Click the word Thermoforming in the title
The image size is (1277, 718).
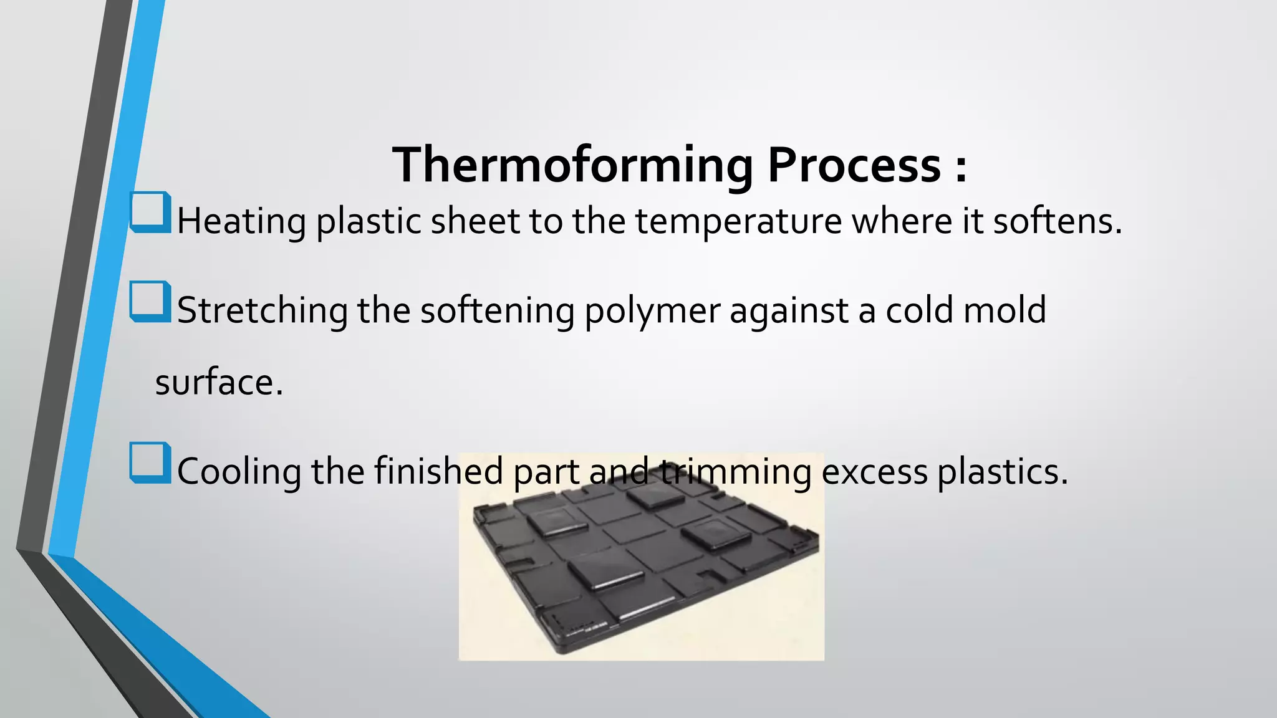tap(572, 165)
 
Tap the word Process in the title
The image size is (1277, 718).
tap(854, 165)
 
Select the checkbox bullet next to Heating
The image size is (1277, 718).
tap(150, 212)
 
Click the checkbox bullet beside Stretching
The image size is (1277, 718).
tap(150, 302)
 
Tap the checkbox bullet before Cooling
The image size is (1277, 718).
tap(150, 462)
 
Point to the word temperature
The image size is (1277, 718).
tap(738, 222)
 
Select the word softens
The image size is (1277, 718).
tap(1057, 222)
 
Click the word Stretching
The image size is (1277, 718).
tap(262, 311)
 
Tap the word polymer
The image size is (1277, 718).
tap(652, 311)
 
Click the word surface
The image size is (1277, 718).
tap(218, 383)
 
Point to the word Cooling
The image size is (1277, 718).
tap(239, 472)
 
